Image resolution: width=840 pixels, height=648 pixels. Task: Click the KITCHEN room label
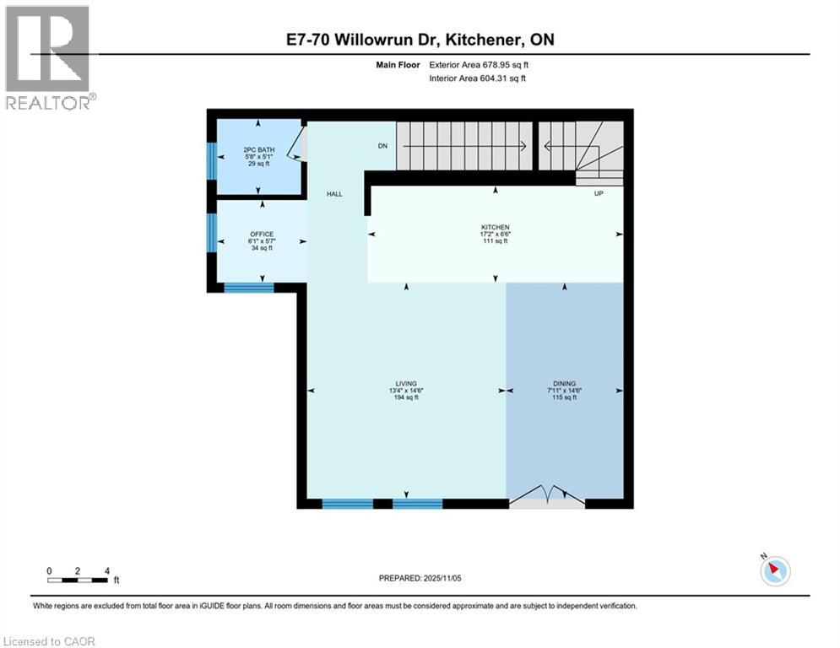pyautogui.click(x=495, y=227)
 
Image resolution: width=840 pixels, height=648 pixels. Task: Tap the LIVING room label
pyautogui.click(x=406, y=383)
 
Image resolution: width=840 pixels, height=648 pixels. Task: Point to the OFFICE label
pyautogui.click(x=262, y=235)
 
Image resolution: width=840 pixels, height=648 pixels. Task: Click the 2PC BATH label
pyautogui.click(x=257, y=149)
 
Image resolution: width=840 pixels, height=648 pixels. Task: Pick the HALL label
pyautogui.click(x=335, y=194)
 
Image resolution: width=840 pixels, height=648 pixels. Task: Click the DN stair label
pyautogui.click(x=382, y=146)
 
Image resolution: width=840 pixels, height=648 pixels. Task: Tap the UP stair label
pyautogui.click(x=599, y=193)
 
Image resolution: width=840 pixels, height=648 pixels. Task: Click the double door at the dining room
pyautogui.click(x=547, y=497)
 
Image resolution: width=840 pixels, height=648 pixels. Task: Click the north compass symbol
pyautogui.click(x=773, y=570)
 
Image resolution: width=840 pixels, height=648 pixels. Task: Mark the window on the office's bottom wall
pyautogui.click(x=249, y=288)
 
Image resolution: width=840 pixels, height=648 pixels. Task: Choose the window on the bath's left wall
pyautogui.click(x=212, y=160)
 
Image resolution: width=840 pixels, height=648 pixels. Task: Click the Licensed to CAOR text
pyautogui.click(x=51, y=641)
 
